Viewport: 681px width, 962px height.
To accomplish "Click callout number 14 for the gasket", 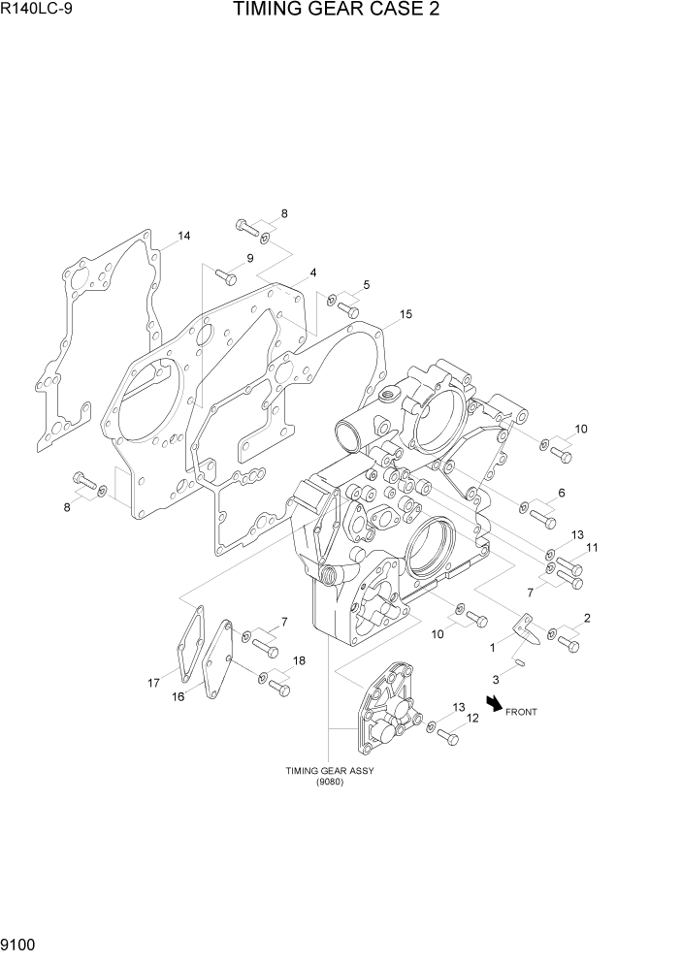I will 183,236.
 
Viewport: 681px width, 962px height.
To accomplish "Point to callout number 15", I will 405,314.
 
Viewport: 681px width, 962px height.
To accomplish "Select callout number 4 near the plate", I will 313,273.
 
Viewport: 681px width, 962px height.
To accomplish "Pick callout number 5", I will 366,284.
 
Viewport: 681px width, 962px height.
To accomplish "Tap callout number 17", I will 153,683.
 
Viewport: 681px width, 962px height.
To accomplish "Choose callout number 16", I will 178,695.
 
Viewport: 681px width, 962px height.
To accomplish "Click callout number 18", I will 299,660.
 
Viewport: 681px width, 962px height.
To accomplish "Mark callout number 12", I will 472,718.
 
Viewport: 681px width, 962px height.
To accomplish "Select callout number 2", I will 587,618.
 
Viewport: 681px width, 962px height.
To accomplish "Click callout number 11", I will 592,548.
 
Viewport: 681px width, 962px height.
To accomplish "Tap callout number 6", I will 561,493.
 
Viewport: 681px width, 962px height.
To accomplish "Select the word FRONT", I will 521,712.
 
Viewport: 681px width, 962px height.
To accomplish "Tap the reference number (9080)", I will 329,783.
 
